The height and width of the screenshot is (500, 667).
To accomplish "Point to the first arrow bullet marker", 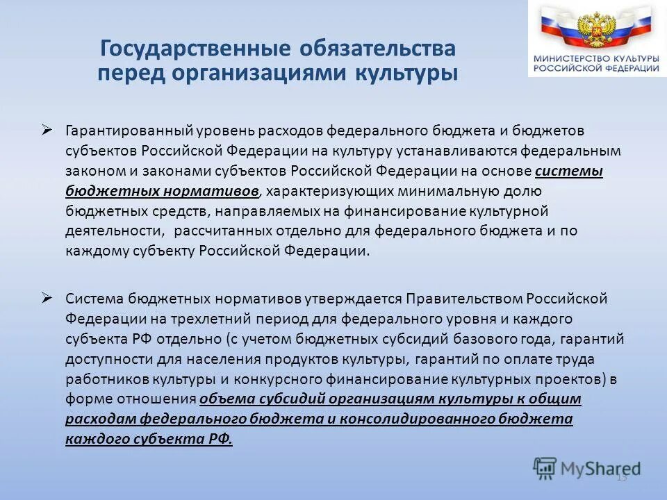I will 47,129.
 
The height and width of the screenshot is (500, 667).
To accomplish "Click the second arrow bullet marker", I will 47,297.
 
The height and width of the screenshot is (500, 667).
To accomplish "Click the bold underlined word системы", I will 569,172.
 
